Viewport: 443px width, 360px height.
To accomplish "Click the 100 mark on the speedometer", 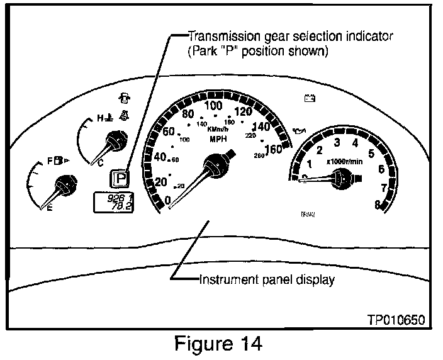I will coord(214,105).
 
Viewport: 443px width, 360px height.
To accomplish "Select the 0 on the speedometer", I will coord(167,200).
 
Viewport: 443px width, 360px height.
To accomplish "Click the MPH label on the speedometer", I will coord(218,139).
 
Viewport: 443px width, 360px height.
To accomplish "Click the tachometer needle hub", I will coord(342,179).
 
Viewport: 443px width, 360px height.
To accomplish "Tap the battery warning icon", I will coord(310,98).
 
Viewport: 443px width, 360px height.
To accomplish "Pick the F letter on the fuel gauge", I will coord(50,162).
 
